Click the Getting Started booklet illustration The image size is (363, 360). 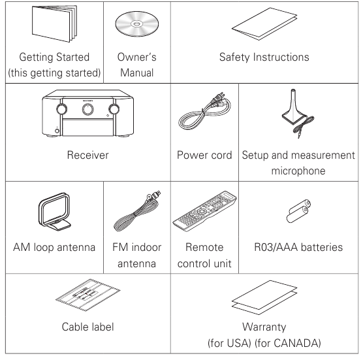(x=54, y=24)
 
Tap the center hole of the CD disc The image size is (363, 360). (x=136, y=24)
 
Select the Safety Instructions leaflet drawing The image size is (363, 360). (x=264, y=24)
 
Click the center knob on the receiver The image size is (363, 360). (x=88, y=109)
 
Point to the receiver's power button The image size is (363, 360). (x=57, y=131)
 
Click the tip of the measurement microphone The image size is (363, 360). (x=293, y=90)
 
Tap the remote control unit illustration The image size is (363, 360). (x=204, y=211)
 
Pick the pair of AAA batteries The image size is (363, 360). (x=298, y=211)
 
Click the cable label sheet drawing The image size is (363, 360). (x=88, y=295)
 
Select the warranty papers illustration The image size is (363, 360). (x=264, y=297)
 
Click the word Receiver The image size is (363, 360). (x=87, y=155)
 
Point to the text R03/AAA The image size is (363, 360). (x=276, y=247)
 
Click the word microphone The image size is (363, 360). (x=298, y=171)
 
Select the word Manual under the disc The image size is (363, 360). (x=137, y=73)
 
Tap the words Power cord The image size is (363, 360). (x=204, y=155)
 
